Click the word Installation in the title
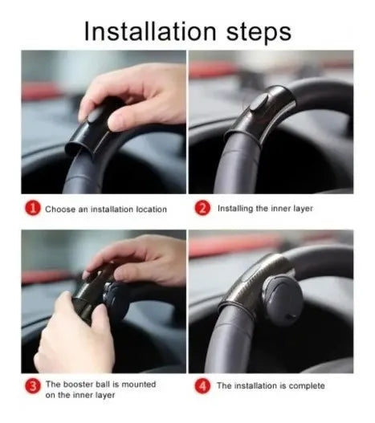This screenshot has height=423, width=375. click(150, 31)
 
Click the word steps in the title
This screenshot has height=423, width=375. click(259, 33)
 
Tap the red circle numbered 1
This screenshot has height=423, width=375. click(33, 208)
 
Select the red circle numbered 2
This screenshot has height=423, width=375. click(202, 208)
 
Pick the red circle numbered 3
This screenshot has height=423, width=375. click(33, 386)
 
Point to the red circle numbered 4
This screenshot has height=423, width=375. click(202, 386)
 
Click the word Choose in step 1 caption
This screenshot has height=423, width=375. click(60, 209)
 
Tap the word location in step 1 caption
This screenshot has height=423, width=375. click(151, 209)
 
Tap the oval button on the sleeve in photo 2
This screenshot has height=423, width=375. click(259, 104)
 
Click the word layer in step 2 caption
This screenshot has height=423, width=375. click(303, 209)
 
